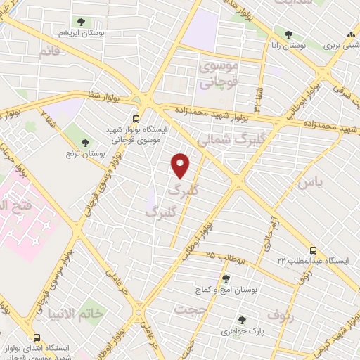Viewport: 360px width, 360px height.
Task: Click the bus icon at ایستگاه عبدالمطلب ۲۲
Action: pyautogui.click(x=313, y=250)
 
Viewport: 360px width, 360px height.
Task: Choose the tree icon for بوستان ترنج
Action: pyautogui.click(x=86, y=143)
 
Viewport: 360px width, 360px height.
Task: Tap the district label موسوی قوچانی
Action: pyautogui.click(x=219, y=74)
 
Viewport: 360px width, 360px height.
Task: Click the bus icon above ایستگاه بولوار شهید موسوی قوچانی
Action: pyautogui.click(x=135, y=119)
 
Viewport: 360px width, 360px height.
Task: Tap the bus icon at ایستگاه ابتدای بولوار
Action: pyautogui.click(x=36, y=339)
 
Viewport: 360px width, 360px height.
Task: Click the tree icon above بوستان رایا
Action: pyautogui.click(x=288, y=34)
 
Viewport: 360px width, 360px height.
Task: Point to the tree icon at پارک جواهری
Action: pyautogui.click(x=241, y=319)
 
